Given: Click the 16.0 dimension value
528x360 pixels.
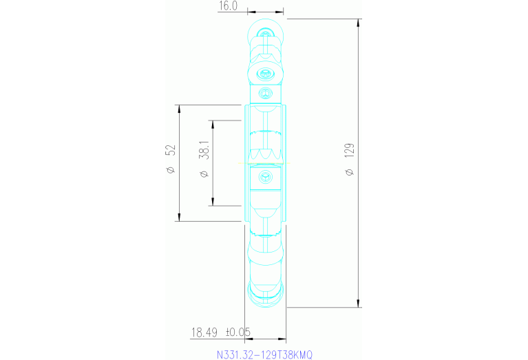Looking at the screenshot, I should (227, 6).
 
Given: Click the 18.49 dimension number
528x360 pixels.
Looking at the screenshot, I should (204, 332).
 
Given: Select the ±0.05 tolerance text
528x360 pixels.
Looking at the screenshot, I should (237, 332).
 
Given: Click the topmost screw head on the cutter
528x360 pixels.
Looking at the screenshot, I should (265, 32).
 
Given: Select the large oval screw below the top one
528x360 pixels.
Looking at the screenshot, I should (265, 73).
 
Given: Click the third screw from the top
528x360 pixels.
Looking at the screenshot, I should (264, 93).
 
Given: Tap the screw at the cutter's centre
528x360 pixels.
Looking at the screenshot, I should (264, 178).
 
